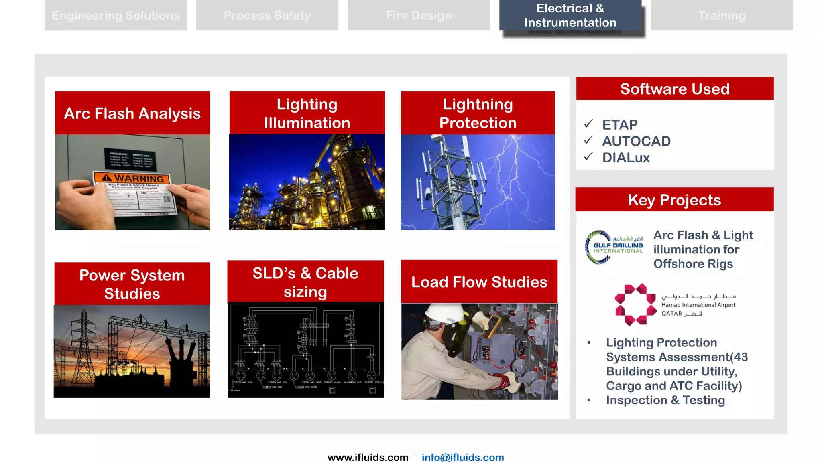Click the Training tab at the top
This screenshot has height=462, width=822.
tap(722, 15)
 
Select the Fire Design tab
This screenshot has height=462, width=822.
tap(419, 15)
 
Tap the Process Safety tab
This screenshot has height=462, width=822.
tap(267, 15)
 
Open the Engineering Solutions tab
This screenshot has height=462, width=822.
tap(116, 15)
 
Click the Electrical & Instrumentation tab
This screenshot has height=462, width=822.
tap(570, 15)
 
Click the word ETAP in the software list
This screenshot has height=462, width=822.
tap(620, 125)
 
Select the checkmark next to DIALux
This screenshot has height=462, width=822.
tap(588, 157)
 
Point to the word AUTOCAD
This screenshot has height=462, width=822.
tap(636, 141)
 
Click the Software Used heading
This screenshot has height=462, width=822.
tap(675, 89)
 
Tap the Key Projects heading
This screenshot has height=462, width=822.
tap(674, 200)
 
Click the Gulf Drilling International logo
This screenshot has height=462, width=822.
tap(614, 247)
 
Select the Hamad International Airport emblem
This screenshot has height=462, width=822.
tap(635, 304)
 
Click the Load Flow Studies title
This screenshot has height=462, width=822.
tap(479, 282)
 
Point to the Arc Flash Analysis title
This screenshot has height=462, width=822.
tap(132, 113)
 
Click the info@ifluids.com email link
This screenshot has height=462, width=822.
tap(462, 457)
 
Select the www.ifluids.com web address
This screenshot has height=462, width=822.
tap(368, 457)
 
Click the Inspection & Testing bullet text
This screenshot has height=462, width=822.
tap(665, 400)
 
